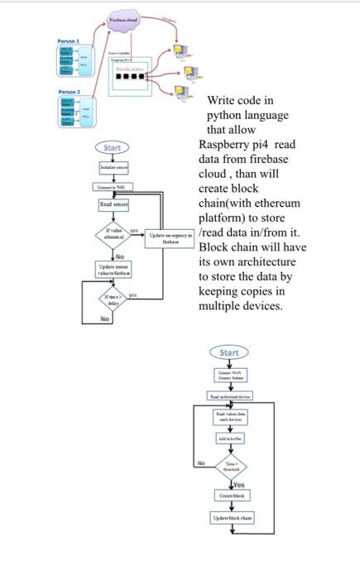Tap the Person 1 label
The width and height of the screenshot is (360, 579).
point(68,41)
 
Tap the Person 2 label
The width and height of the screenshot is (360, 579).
point(68,92)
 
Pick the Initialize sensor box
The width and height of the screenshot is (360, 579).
point(113,167)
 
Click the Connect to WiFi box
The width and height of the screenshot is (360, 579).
point(113,187)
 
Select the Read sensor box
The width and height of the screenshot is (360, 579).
point(113,203)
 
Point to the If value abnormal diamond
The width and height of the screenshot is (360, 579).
point(113,233)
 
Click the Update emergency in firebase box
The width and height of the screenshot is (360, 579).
point(170,237)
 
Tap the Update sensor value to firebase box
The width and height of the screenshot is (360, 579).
point(113,270)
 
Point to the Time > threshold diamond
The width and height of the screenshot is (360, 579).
point(230,466)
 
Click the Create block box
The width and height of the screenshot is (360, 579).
point(230,495)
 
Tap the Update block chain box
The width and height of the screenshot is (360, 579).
point(230,518)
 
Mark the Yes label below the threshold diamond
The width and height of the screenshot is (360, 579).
point(238,484)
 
